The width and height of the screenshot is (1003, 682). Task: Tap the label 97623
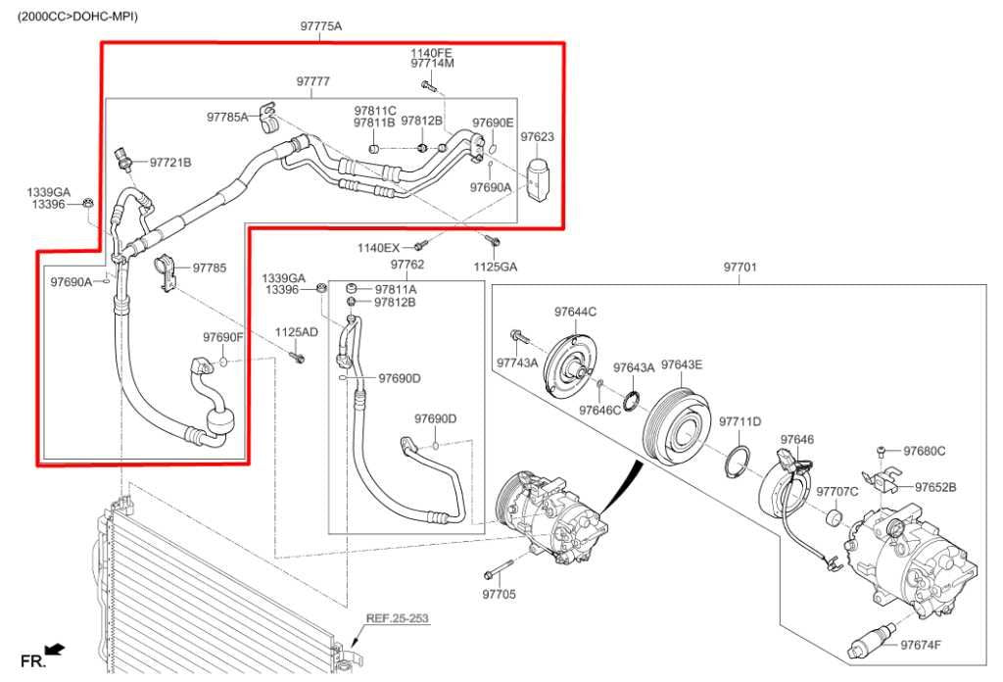click(x=537, y=138)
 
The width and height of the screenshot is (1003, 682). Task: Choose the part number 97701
click(x=740, y=267)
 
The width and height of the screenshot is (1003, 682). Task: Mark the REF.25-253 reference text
click(x=397, y=618)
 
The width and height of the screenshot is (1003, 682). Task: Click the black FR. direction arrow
click(x=56, y=650)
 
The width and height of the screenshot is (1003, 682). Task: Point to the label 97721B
click(x=170, y=163)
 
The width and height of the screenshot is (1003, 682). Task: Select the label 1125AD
click(x=296, y=332)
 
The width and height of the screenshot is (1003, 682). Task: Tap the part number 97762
click(x=406, y=265)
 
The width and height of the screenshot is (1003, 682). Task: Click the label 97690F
click(x=222, y=337)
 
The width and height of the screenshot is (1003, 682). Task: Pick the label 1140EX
click(x=378, y=248)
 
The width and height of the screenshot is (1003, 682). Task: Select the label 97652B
click(x=935, y=487)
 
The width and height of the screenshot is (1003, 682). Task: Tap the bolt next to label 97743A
click(x=518, y=338)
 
